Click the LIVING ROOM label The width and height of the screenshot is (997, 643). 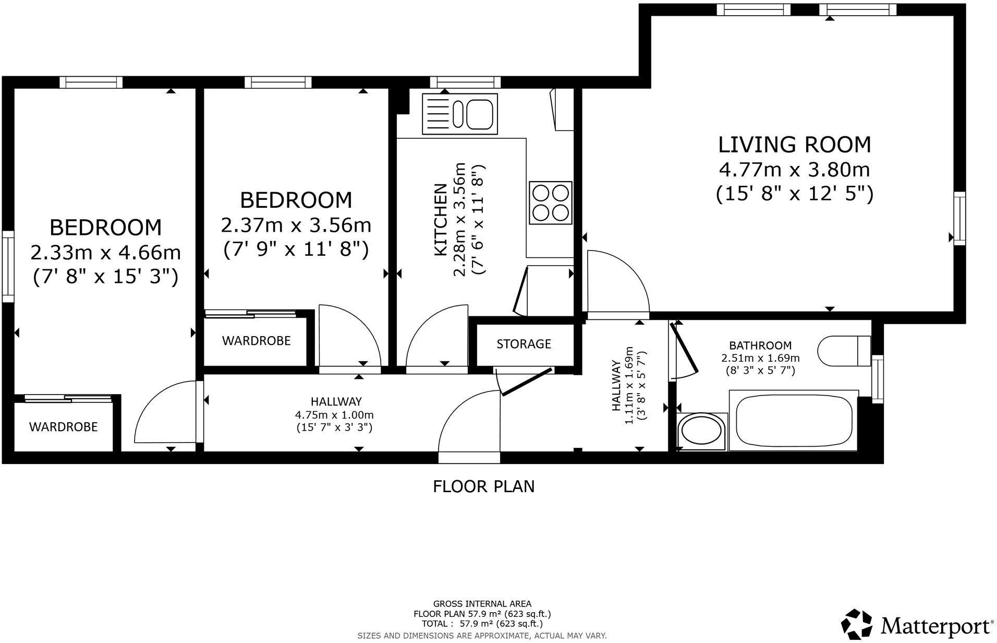[x=795, y=145]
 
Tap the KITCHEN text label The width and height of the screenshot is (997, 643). [x=441, y=220]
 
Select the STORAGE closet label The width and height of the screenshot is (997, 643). [x=524, y=344]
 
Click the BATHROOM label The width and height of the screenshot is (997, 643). [x=760, y=346]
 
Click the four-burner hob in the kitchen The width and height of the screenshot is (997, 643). [x=551, y=203]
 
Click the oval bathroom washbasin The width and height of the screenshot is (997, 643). [x=702, y=432]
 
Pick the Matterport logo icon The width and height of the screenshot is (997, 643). [x=858, y=625]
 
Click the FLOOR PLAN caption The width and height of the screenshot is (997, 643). [x=484, y=486]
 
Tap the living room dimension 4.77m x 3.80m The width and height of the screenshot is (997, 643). [x=795, y=170]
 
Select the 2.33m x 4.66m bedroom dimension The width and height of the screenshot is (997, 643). [x=106, y=253]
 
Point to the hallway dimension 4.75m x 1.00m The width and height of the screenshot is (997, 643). [x=334, y=415]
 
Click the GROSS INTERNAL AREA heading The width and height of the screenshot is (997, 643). [x=482, y=604]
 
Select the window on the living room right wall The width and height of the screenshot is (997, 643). [x=959, y=218]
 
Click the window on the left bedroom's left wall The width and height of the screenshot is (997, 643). [x=8, y=267]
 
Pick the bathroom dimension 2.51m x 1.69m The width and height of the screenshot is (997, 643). [x=760, y=359]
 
